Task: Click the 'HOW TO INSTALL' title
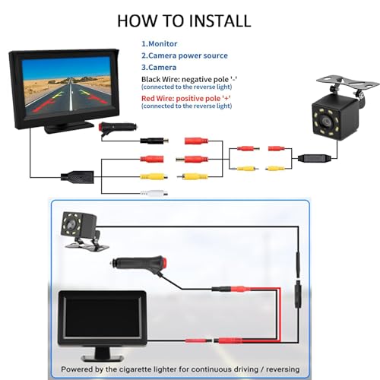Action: click(184, 21)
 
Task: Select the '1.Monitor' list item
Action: click(159, 44)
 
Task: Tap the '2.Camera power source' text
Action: click(185, 55)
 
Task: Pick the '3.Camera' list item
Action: click(159, 68)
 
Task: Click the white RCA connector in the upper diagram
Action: click(154, 194)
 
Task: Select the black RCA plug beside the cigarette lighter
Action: click(154, 141)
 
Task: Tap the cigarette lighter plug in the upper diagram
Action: click(118, 128)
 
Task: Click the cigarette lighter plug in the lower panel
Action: click(140, 264)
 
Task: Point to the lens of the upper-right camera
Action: click(325, 122)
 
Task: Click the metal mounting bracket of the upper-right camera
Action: click(348, 83)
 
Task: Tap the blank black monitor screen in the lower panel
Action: click(102, 318)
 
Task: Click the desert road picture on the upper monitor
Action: click(66, 86)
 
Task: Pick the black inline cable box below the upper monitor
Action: click(78, 177)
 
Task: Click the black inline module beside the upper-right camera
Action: click(315, 158)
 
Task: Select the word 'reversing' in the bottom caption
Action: click(283, 369)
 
